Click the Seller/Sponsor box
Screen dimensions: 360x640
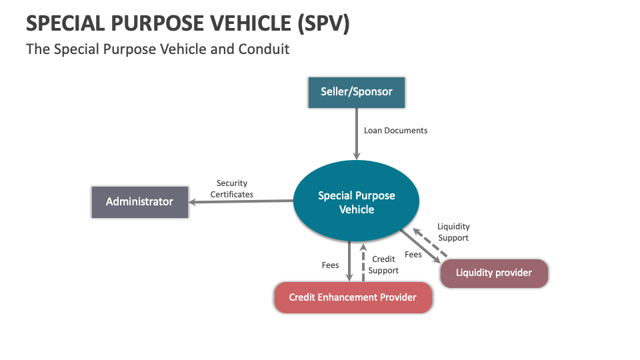tap(357, 92)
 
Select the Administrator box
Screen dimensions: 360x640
tap(139, 201)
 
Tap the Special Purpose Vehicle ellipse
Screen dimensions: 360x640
tap(357, 202)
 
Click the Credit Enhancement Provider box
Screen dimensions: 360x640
tap(353, 297)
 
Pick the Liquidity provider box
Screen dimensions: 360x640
tap(494, 273)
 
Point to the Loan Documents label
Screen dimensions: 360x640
tap(395, 131)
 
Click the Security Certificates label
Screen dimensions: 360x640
tap(232, 189)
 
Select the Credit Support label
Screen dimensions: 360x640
tap(383, 265)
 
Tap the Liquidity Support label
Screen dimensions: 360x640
tap(453, 232)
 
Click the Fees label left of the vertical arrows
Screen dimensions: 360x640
tap(331, 265)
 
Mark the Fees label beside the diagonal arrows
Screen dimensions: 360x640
tap(413, 255)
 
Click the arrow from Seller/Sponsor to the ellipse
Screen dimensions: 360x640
tap(357, 133)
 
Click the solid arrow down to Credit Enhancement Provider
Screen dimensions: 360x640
tap(349, 261)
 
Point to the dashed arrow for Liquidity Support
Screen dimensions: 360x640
tap(430, 243)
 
